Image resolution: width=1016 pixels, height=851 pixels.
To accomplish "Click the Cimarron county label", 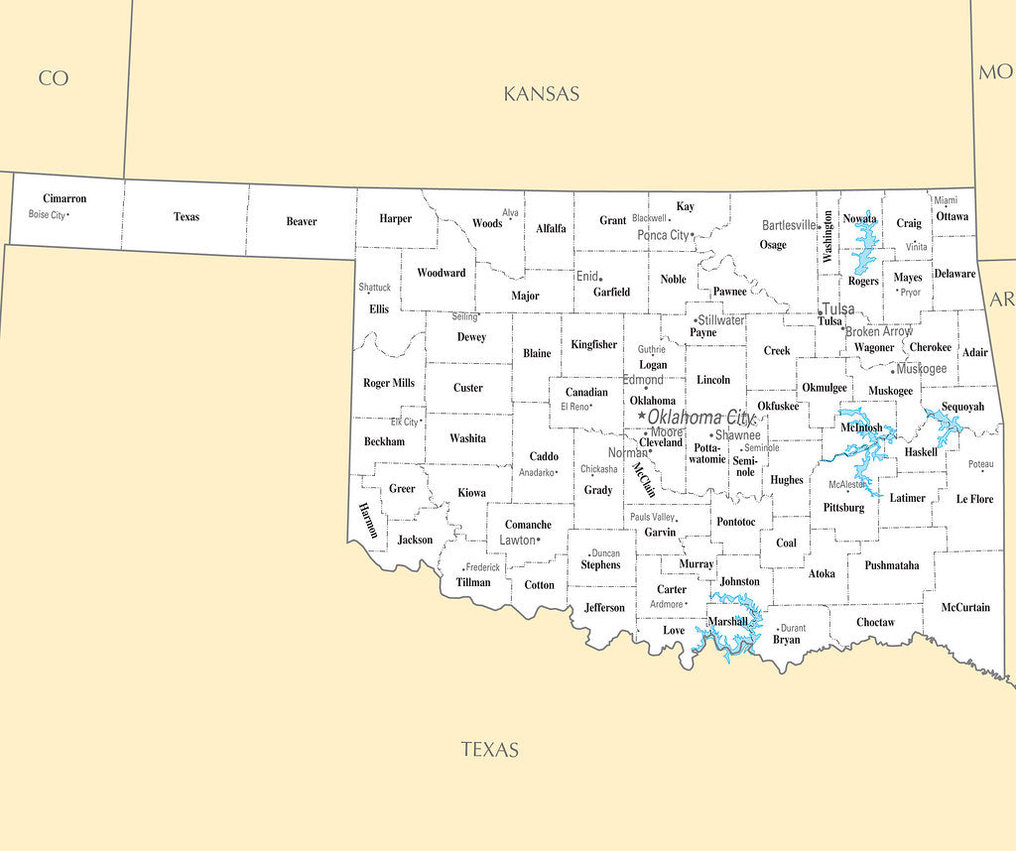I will pyautogui.click(x=64, y=198).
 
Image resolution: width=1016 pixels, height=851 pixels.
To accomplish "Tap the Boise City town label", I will pyautogui.click(x=47, y=214).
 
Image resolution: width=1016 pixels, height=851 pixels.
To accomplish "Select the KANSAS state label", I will pyautogui.click(x=541, y=94).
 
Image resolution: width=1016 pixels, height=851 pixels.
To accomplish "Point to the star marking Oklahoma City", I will pyautogui.click(x=642, y=416).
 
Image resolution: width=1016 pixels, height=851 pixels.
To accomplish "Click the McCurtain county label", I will pyautogui.click(x=965, y=607).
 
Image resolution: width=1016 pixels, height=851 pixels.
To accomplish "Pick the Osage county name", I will pyautogui.click(x=773, y=244).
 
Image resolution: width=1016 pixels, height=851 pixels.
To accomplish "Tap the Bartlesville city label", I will pyautogui.click(x=790, y=225).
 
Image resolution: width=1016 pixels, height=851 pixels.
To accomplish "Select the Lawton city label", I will pyautogui.click(x=517, y=541).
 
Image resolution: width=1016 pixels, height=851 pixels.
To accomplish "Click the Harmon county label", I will pyautogui.click(x=368, y=521).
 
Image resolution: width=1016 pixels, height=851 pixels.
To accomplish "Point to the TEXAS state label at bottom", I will pyautogui.click(x=490, y=750).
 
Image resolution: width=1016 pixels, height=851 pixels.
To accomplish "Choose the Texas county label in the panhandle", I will pyautogui.click(x=187, y=216).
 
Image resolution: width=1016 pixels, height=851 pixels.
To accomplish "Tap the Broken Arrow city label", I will pyautogui.click(x=879, y=331).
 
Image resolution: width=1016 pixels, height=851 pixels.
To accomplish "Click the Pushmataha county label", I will pyautogui.click(x=891, y=565).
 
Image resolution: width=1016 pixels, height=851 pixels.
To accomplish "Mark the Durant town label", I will pyautogui.click(x=793, y=628).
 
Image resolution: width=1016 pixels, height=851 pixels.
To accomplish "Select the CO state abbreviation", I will pyautogui.click(x=54, y=78).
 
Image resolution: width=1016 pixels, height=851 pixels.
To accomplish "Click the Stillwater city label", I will pyautogui.click(x=721, y=320).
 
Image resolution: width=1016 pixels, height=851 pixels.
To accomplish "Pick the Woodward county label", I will pyautogui.click(x=441, y=273).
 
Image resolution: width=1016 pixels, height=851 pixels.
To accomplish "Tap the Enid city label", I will pyautogui.click(x=586, y=276).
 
